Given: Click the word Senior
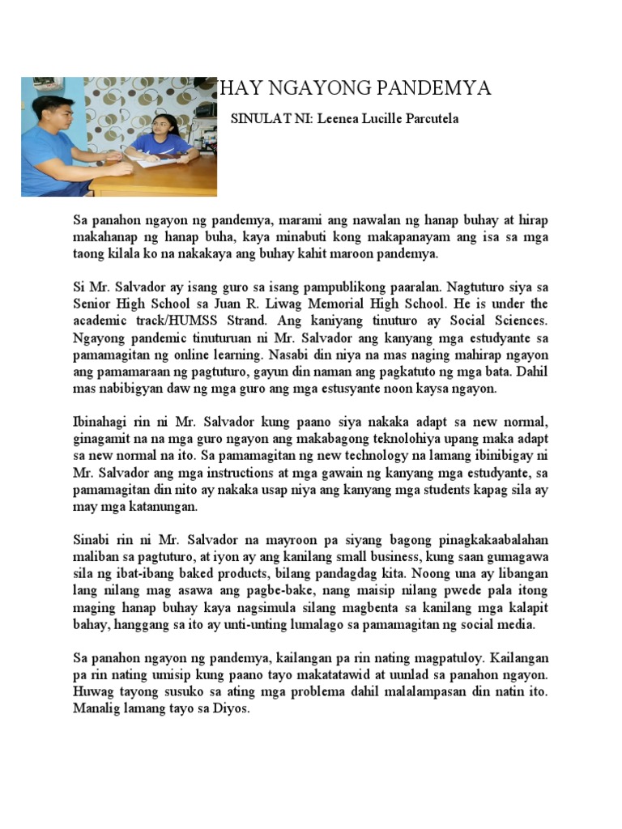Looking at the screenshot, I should pos(92,304).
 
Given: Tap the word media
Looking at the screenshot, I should pos(516,625).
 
